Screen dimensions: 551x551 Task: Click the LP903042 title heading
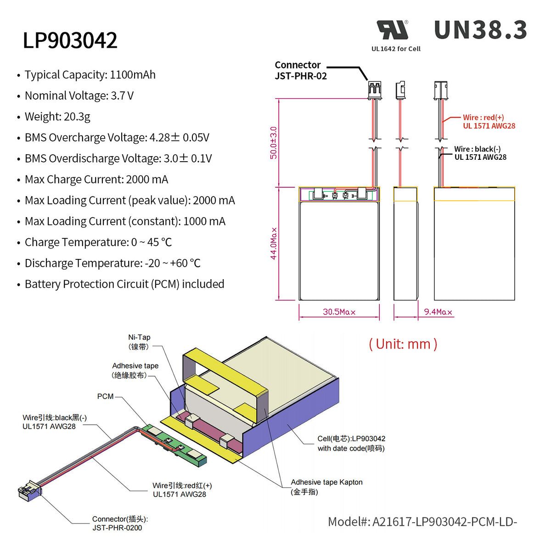[70, 40]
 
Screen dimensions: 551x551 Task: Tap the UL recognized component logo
[393, 30]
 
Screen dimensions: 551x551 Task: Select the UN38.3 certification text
[480, 30]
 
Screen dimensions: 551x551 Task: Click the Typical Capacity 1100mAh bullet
[90, 75]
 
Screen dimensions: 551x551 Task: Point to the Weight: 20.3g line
[57, 117]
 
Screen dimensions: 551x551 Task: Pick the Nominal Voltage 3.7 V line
[79, 96]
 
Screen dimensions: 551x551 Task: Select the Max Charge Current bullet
[96, 180]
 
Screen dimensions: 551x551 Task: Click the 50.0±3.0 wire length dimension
[274, 143]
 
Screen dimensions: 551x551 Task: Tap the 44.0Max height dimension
[274, 243]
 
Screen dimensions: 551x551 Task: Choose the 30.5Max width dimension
[339, 312]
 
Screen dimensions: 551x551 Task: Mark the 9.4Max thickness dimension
[438, 312]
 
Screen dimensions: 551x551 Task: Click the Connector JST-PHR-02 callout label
[300, 71]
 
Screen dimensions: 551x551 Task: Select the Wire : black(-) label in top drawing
[480, 153]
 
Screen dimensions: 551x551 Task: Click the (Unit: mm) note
[403, 344]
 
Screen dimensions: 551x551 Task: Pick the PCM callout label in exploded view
[105, 396]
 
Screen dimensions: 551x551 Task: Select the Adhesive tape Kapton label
[326, 487]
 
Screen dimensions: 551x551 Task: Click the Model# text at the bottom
[422, 522]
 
